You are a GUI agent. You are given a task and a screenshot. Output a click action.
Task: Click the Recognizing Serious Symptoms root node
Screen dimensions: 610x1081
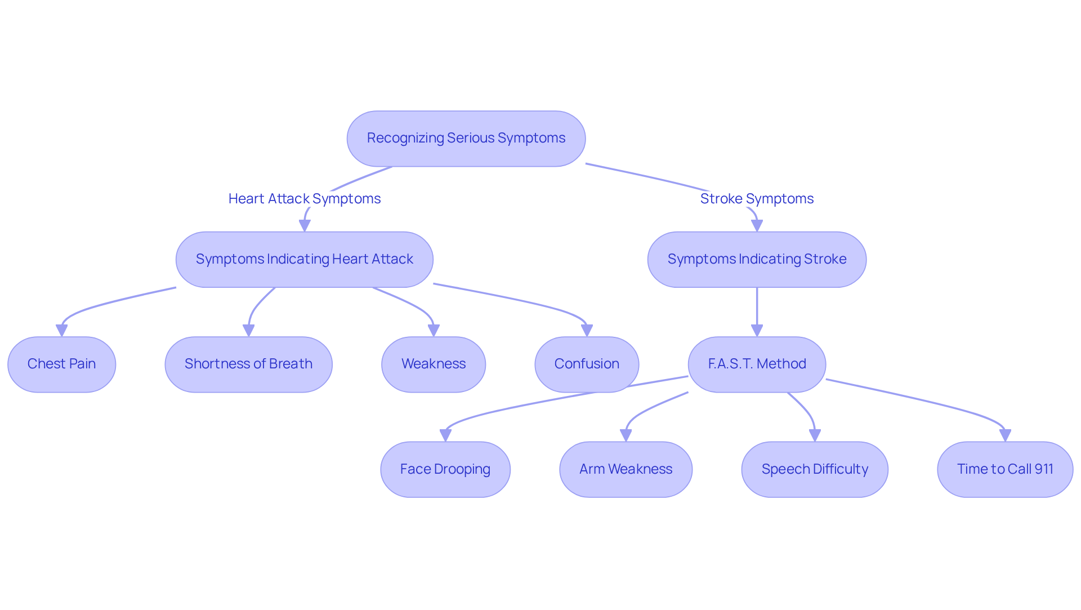[466, 139]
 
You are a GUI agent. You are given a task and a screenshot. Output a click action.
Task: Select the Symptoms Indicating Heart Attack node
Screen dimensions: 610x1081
[304, 259]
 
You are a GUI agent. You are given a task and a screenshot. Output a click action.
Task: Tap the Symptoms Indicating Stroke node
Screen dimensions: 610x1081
[756, 259]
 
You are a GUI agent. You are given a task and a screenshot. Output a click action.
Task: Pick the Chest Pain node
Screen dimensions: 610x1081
[61, 364]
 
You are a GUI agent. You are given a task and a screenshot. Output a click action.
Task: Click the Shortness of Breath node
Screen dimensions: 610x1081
[248, 364]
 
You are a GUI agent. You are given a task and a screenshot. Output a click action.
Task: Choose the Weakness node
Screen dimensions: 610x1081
[433, 364]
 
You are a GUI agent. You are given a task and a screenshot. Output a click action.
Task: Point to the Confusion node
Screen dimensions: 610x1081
[586, 364]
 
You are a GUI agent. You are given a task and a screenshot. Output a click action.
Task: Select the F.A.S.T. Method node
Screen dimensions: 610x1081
[756, 364]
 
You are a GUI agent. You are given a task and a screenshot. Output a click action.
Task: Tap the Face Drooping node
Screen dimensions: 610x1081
[445, 469]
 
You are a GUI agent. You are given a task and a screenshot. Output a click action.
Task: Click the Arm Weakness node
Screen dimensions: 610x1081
[626, 469]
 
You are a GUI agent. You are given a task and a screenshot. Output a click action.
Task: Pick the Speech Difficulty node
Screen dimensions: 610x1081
[814, 469]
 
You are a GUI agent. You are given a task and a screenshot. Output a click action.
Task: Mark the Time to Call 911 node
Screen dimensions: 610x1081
[1004, 469]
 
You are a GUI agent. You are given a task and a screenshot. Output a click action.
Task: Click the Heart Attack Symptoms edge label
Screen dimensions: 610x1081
[304, 199]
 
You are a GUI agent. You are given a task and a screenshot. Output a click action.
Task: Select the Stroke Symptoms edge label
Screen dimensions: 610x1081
[756, 199]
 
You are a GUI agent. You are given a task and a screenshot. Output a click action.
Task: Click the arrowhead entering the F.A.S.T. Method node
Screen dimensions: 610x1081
[757, 331]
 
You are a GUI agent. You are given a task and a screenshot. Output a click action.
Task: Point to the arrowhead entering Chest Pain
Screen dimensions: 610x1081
[62, 331]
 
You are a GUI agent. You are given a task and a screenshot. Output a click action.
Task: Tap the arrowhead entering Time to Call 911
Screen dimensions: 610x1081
[1005, 435]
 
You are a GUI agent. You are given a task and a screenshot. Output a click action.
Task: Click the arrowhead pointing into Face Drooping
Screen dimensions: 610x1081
[445, 435]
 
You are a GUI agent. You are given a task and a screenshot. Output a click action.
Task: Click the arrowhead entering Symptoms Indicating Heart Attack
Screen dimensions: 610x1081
[305, 225]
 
